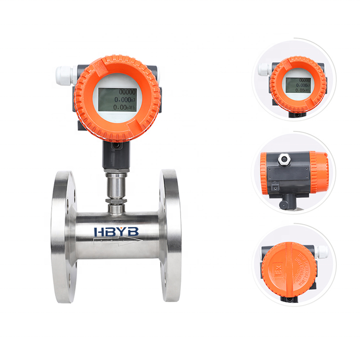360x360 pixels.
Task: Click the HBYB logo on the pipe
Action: (x=117, y=231)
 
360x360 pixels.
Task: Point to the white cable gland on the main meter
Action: (x=64, y=75)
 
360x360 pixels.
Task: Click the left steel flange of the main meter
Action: (x=64, y=236)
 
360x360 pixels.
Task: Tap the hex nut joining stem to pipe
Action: (x=116, y=205)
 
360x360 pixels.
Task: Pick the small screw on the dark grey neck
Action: (x=116, y=146)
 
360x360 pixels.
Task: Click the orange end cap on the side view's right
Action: (x=318, y=172)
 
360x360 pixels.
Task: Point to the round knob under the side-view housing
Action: (x=284, y=204)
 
